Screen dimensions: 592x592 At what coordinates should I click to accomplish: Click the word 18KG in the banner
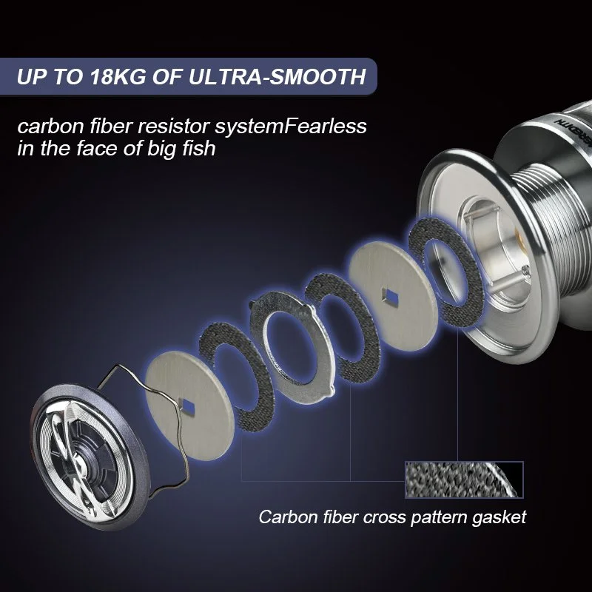[x=117, y=77]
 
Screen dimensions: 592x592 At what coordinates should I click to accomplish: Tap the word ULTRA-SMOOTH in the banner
[x=277, y=77]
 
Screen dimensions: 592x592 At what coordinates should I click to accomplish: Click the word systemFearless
[x=291, y=127]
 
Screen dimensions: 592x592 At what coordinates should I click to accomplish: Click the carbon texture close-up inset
[x=464, y=480]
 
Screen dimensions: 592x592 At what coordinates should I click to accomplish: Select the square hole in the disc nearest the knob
[x=187, y=407]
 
